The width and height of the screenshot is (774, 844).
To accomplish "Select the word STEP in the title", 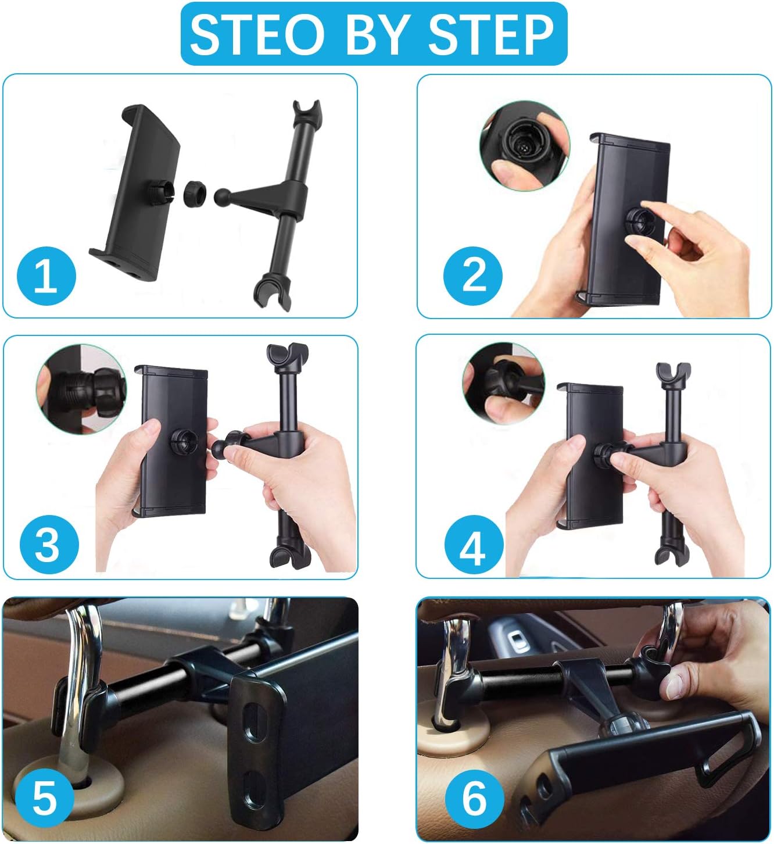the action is [x=491, y=34].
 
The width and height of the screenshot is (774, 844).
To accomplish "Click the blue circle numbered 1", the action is [x=46, y=276].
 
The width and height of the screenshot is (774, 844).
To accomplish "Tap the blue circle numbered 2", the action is [x=473, y=276].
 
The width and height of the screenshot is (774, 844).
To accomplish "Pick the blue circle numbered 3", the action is [x=49, y=545].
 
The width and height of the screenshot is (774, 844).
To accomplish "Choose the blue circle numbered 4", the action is [x=474, y=545].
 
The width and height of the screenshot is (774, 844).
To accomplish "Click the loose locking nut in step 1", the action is [x=195, y=192].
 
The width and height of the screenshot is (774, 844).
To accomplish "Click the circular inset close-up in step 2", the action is [x=525, y=145].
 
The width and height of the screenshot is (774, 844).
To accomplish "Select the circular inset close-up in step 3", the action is [x=81, y=389].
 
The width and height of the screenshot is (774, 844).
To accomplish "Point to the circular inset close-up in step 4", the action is [x=504, y=383].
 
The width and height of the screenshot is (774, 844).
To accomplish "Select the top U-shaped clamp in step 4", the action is [x=673, y=374].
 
